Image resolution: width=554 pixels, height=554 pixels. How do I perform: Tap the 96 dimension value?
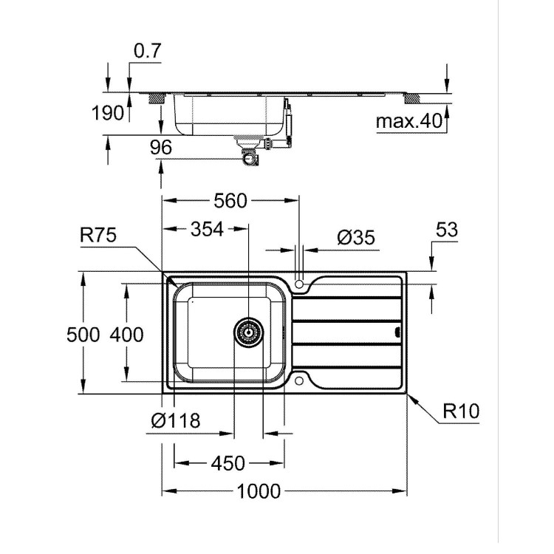(161, 148)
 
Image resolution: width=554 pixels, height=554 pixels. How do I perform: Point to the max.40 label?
(408, 120)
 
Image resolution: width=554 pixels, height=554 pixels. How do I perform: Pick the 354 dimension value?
(206, 229)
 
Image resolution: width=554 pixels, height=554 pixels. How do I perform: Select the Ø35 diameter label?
(355, 237)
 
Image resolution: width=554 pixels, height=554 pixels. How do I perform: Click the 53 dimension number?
(446, 230)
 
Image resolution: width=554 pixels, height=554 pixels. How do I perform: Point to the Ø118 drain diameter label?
(175, 421)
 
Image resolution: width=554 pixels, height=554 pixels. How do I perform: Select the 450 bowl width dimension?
(228, 463)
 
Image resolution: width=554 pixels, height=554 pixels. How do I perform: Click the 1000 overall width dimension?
(260, 491)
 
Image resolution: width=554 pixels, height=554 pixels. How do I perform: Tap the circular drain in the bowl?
(248, 333)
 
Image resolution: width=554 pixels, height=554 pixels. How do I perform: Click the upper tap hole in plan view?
(299, 284)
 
